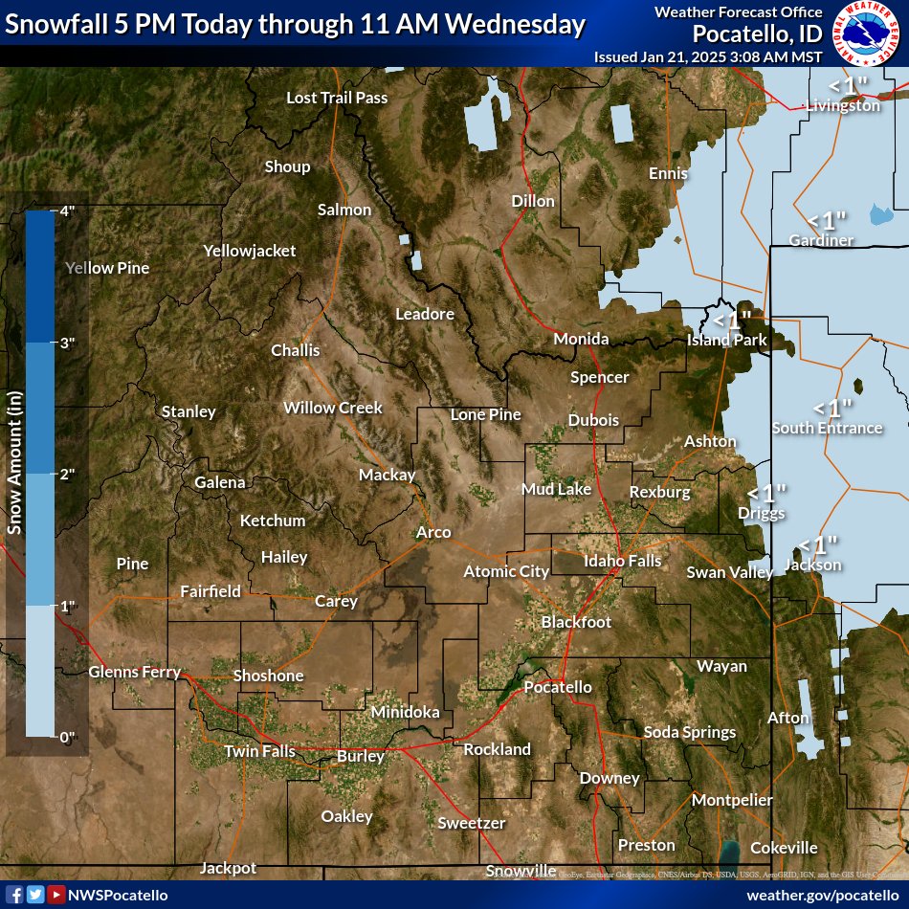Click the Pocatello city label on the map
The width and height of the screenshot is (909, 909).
[x=557, y=687]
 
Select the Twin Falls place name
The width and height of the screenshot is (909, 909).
[x=259, y=751]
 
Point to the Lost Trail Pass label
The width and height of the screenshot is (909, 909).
[x=337, y=98]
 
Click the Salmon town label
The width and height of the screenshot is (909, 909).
[x=344, y=210]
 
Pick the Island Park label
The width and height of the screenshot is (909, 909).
[x=726, y=340]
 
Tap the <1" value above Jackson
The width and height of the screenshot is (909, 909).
[x=818, y=544]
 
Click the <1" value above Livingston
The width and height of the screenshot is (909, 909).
[x=848, y=85]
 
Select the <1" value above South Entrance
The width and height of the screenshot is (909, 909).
[x=832, y=408]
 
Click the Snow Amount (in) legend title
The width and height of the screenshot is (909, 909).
[x=14, y=469]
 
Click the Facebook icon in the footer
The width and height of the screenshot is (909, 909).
[x=14, y=894]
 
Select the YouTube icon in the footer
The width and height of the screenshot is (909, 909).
[x=56, y=894]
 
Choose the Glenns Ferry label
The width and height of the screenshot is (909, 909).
[x=134, y=672]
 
